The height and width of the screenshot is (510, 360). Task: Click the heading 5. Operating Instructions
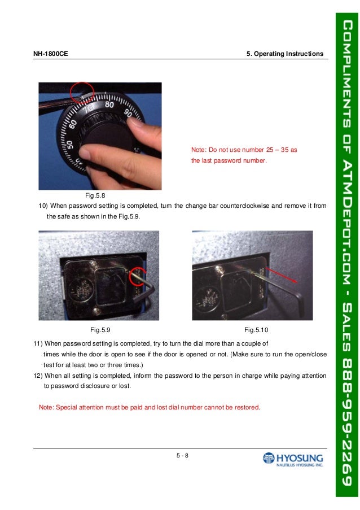point(285,54)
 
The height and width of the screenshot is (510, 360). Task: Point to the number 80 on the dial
point(109,105)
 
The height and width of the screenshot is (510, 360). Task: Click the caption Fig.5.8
point(95,195)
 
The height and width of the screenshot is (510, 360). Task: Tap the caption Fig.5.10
point(257,329)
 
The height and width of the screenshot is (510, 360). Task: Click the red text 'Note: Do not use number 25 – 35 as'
point(244,150)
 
